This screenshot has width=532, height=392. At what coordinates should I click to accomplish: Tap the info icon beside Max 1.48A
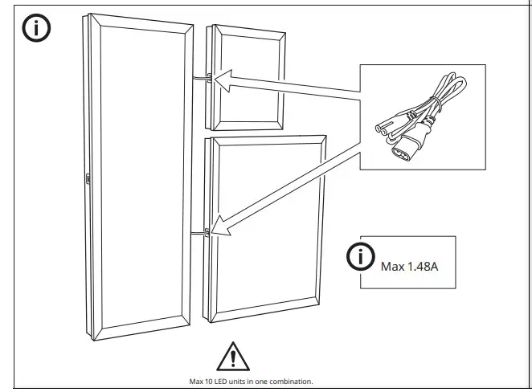[362, 259]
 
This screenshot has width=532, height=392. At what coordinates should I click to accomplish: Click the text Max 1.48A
[410, 265]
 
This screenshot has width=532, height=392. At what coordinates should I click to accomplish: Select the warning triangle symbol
[232, 355]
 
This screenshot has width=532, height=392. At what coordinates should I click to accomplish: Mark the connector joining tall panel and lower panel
[203, 231]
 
